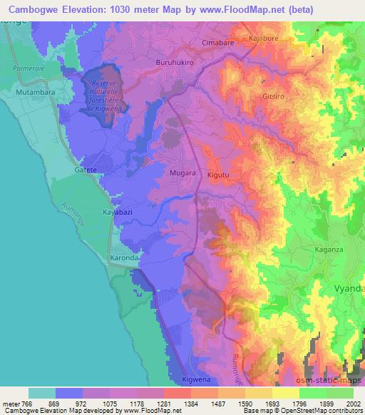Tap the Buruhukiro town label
coord(176,63)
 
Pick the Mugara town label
coord(184,173)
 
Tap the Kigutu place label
coord(221,174)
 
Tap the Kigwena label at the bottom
coord(197,380)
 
